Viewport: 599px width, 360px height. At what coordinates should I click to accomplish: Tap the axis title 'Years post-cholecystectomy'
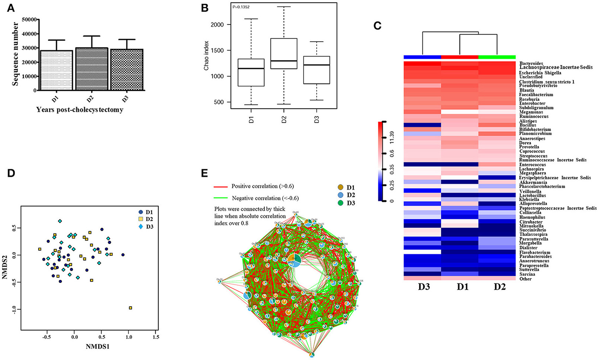(x=80, y=110)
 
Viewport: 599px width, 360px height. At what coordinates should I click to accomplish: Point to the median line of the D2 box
(x=284, y=61)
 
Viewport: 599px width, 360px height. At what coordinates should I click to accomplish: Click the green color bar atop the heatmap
(x=497, y=57)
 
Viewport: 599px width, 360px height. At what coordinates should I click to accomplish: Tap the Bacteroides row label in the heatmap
(x=531, y=64)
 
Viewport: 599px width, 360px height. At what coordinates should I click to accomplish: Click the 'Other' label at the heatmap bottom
(x=526, y=279)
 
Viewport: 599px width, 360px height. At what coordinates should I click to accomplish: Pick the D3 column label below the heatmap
(x=422, y=287)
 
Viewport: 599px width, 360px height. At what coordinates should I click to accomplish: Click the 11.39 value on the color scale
(x=392, y=142)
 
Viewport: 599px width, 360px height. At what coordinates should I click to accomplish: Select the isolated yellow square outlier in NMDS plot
(x=130, y=308)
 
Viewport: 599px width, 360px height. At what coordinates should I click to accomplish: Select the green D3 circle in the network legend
(x=340, y=203)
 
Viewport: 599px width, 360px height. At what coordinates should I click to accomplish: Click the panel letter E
(x=204, y=174)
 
